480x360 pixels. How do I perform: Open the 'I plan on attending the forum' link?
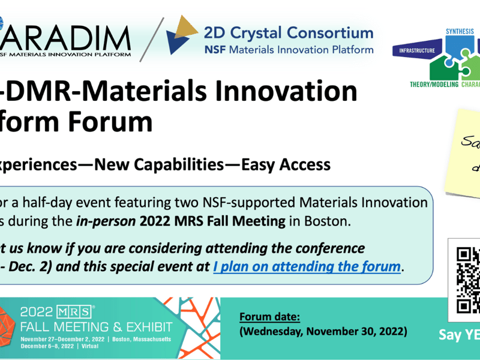point(307,265)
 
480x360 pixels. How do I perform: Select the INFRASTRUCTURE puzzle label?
point(418,51)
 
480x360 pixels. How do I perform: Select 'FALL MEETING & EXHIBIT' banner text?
point(96,327)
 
